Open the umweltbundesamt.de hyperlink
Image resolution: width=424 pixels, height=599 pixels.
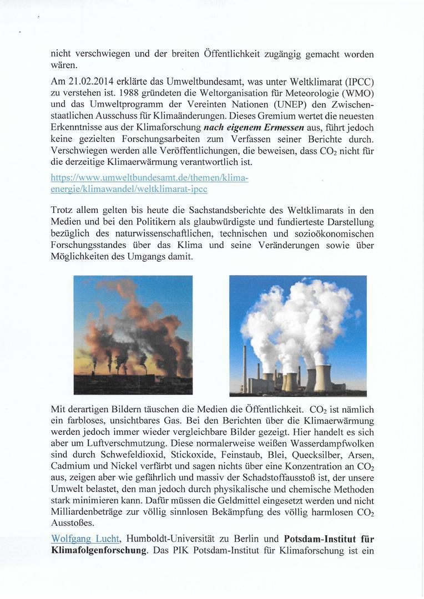click(150, 183)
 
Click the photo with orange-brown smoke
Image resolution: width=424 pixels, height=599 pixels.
click(133, 334)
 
